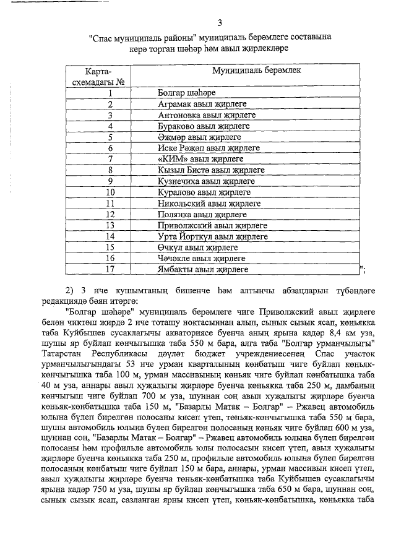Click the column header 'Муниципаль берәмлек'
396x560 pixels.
256,71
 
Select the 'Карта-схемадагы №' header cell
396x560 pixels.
109,76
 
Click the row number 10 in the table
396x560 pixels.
110,192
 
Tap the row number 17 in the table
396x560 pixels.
110,269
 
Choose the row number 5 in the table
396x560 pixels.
110,137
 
